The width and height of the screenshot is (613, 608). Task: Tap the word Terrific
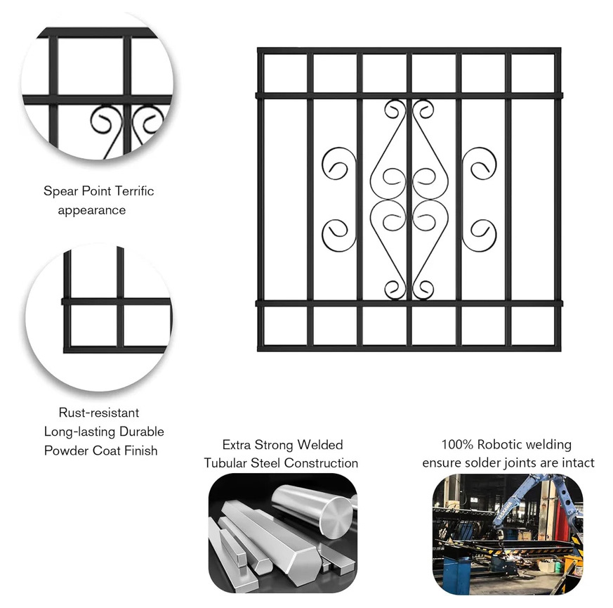(135, 191)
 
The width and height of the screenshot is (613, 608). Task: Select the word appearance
(92, 210)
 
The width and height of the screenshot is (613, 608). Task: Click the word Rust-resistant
(99, 413)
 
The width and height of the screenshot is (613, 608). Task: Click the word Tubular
(225, 463)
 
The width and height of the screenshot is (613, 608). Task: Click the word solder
(482, 463)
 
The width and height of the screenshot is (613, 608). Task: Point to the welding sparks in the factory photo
(512, 552)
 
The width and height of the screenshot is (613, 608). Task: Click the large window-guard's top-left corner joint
(261, 51)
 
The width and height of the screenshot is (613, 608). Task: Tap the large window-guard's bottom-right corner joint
(557, 347)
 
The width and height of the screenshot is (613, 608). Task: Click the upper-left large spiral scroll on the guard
(337, 163)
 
